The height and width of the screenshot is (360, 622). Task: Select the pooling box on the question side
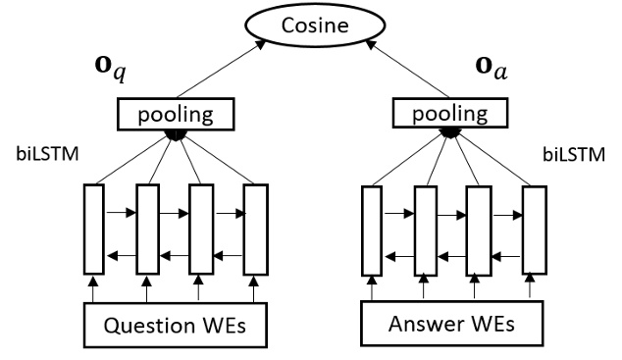point(176,116)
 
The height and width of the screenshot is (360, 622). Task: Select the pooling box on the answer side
point(452,115)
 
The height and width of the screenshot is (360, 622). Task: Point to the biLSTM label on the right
point(574,154)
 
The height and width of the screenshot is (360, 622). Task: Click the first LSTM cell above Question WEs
point(94,230)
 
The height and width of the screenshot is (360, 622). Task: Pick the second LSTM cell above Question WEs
point(148,230)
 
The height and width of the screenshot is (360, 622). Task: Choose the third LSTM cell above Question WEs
point(201,230)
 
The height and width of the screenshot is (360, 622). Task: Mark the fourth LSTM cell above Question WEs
point(254,230)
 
